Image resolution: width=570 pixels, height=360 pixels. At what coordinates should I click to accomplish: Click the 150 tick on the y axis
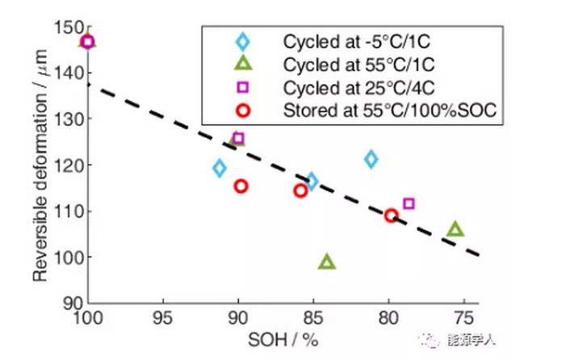tap(71, 27)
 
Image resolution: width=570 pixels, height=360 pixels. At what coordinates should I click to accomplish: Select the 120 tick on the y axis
tap(71, 165)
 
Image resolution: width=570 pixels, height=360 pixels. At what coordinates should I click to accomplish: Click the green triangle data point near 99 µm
tap(327, 262)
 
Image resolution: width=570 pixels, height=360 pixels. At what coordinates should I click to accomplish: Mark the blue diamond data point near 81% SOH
tap(371, 159)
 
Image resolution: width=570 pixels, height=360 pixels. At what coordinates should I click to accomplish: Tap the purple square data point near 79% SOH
tap(409, 203)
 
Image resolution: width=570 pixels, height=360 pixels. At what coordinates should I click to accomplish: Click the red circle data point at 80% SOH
tap(392, 216)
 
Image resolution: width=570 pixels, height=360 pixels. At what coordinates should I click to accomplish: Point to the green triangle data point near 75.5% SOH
tap(455, 229)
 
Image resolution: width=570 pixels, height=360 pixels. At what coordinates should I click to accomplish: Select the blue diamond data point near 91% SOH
tap(220, 168)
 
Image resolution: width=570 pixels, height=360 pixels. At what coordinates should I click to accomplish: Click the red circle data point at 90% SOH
tap(241, 186)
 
